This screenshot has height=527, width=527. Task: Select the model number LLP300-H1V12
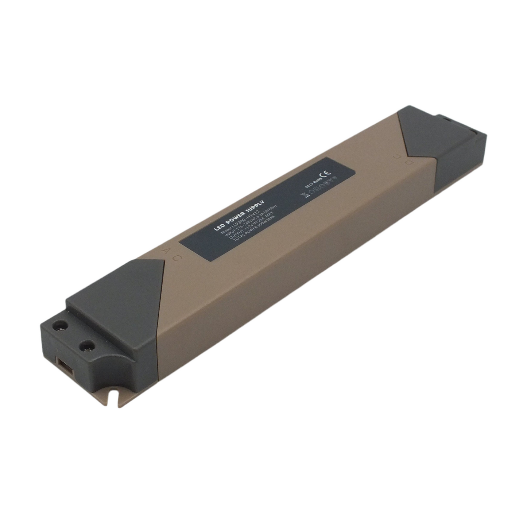click(x=245, y=219)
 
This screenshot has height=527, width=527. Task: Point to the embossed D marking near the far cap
click(x=409, y=163)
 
